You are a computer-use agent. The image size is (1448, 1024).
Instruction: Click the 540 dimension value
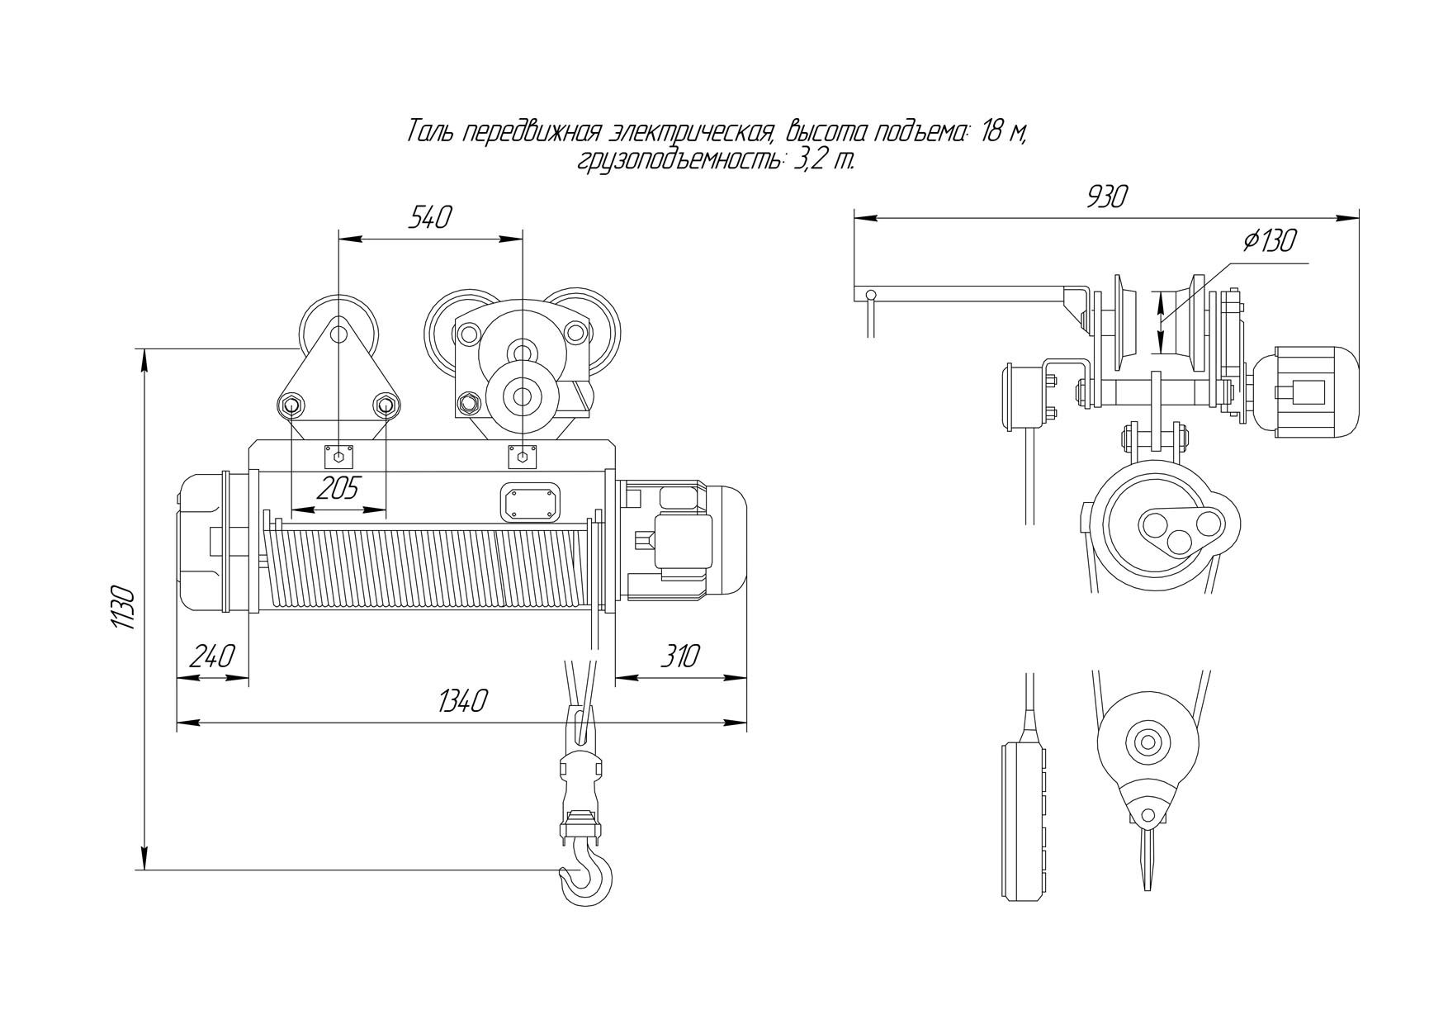click(430, 218)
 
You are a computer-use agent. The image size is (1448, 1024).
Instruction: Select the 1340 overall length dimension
click(463, 701)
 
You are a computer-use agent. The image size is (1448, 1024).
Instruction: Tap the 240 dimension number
click(212, 657)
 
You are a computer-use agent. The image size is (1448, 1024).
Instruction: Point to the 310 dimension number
click(680, 657)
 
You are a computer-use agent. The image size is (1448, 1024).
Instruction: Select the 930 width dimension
click(1106, 197)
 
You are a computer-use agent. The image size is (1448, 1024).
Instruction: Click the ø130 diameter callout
click(1270, 241)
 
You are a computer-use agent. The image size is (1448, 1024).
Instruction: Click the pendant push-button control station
click(1025, 821)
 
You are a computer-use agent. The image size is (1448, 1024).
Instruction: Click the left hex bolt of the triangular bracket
click(290, 405)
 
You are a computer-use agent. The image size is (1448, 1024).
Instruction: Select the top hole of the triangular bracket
click(338, 334)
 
